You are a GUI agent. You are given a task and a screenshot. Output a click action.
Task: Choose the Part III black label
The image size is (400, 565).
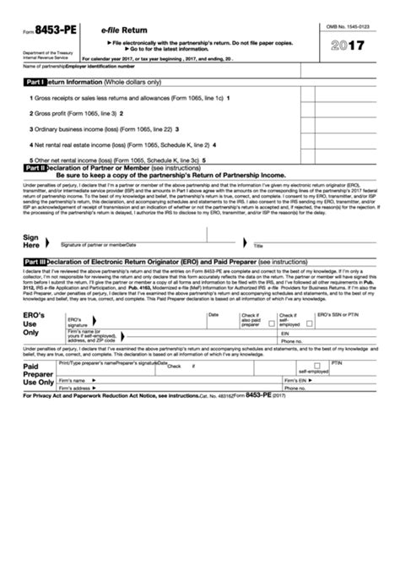pyautogui.click(x=35, y=263)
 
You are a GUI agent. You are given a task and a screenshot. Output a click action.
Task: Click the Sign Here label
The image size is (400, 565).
pyautogui.click(x=31, y=242)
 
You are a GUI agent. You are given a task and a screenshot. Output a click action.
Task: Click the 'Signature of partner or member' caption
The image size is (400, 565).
pyautogui.click(x=97, y=245)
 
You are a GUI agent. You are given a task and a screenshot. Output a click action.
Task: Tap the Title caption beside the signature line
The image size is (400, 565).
pyautogui.click(x=259, y=246)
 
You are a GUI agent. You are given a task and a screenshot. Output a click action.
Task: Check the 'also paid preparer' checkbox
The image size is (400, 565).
pyautogui.click(x=271, y=323)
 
